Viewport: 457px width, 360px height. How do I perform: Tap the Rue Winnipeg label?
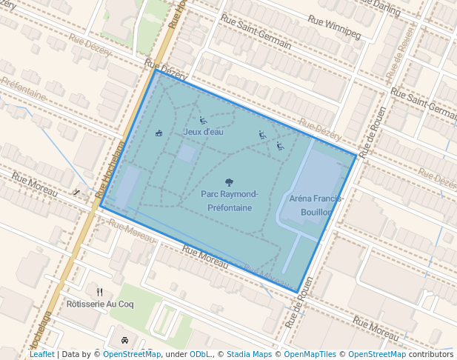click(x=334, y=29)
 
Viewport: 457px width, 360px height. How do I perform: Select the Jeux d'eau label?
click(x=203, y=132)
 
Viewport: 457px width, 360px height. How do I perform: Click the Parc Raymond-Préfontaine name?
click(x=229, y=201)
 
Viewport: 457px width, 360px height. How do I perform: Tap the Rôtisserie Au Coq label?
click(x=100, y=304)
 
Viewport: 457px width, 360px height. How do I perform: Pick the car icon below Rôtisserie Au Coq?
click(x=124, y=341)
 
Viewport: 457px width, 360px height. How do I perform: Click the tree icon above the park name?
click(x=229, y=181)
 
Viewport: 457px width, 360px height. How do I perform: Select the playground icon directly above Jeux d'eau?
click(x=203, y=120)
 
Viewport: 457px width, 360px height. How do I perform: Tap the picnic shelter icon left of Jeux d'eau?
click(x=159, y=133)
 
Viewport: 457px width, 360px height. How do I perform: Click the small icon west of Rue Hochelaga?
click(x=77, y=192)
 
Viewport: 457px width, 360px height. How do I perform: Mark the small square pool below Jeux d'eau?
click(x=187, y=154)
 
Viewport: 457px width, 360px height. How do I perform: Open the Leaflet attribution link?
click(x=41, y=354)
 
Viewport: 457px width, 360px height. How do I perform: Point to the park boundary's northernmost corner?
click(x=155, y=70)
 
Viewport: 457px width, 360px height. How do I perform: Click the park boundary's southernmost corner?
click(x=298, y=292)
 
